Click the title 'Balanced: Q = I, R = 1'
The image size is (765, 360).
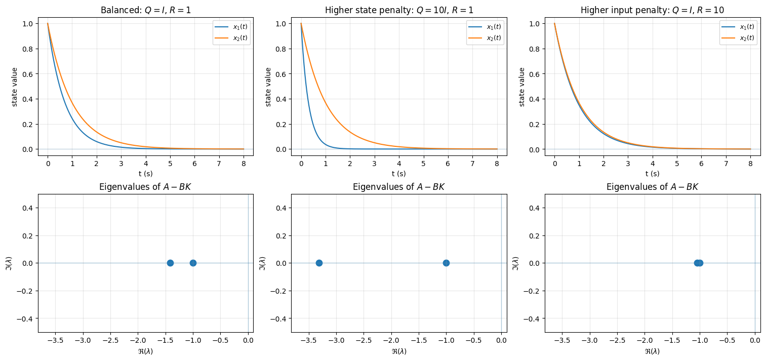pyautogui.click(x=146, y=10)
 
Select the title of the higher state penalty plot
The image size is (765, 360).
pyautogui.click(x=399, y=10)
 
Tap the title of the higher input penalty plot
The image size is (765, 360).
pyautogui.click(x=652, y=10)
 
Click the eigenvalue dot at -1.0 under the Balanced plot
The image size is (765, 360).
pyautogui.click(x=193, y=263)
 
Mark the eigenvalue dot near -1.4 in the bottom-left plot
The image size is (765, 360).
pyautogui.click(x=170, y=263)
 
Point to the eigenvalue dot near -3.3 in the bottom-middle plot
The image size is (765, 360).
pyautogui.click(x=319, y=263)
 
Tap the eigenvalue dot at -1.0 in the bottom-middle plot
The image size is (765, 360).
pyautogui.click(x=446, y=263)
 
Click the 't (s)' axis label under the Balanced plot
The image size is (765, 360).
pyautogui.click(x=146, y=174)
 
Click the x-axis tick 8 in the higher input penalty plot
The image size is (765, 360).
pyautogui.click(x=750, y=164)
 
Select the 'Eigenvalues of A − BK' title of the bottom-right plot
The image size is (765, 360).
pyautogui.click(x=652, y=187)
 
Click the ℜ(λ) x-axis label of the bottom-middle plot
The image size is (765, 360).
pyautogui.click(x=399, y=351)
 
